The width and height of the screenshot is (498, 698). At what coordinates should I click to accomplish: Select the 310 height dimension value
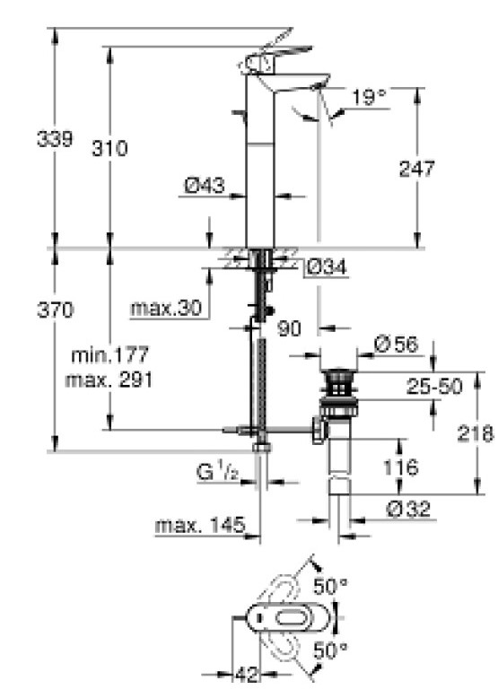tap(109, 148)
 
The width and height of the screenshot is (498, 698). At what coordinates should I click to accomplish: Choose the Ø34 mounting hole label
tap(326, 266)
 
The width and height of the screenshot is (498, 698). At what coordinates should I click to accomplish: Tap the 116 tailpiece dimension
tap(397, 467)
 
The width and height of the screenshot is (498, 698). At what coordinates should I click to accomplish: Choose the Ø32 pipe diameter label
tap(409, 509)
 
